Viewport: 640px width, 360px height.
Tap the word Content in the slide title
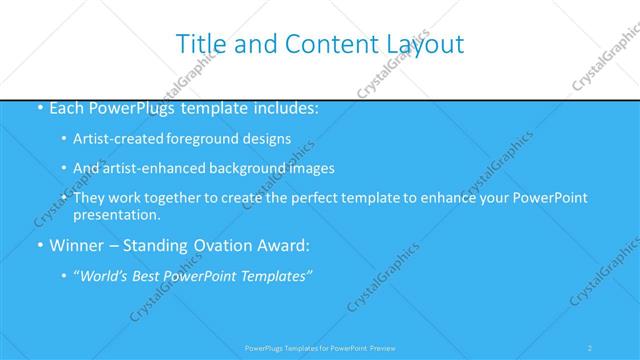327,44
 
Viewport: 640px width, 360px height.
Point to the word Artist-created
117,139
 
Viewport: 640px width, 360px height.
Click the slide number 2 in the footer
590,347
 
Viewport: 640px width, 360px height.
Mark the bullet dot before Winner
38,246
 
